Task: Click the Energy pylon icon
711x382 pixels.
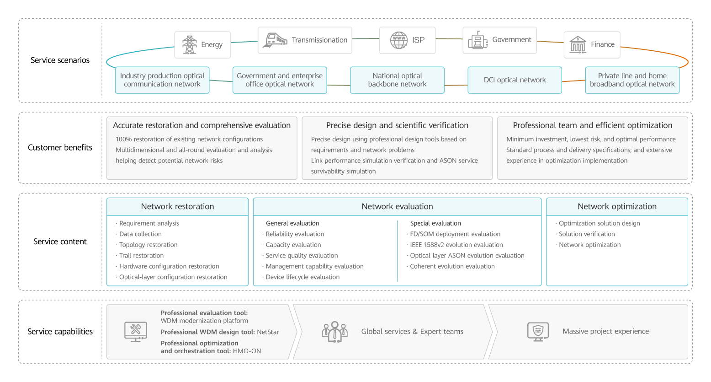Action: click(x=189, y=45)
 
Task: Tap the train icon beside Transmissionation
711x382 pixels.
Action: click(x=275, y=40)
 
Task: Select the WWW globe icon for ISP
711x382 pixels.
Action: click(x=399, y=40)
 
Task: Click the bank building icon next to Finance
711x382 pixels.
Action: click(x=578, y=44)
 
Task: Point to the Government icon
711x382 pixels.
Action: click(x=478, y=40)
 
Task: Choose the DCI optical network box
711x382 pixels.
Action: click(x=515, y=80)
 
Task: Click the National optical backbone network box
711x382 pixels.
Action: click(x=397, y=80)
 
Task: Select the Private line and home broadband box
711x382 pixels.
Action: click(x=632, y=80)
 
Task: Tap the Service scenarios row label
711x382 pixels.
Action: click(x=60, y=60)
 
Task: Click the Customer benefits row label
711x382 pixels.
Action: click(x=60, y=147)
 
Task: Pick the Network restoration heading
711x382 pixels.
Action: click(x=177, y=206)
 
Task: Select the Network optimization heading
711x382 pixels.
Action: click(x=617, y=206)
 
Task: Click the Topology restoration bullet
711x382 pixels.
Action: click(x=148, y=245)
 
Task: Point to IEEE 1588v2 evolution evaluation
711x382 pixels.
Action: click(x=456, y=245)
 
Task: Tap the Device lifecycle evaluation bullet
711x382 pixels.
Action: click(x=302, y=277)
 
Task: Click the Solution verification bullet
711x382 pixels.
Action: click(x=587, y=234)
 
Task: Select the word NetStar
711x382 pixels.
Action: click(x=268, y=332)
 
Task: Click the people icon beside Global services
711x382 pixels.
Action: click(x=335, y=332)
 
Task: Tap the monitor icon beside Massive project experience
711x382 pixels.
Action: click(x=538, y=332)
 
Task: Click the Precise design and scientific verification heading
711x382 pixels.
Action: click(x=397, y=125)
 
